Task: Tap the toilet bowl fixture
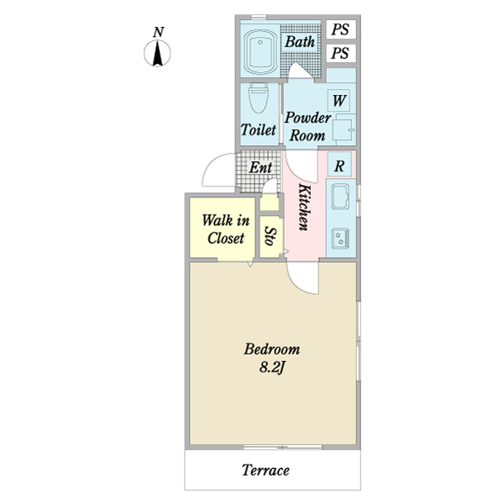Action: (259, 98)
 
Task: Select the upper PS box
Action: (341, 29)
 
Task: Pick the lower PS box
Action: (341, 53)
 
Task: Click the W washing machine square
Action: (339, 100)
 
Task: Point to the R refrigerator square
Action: (339, 165)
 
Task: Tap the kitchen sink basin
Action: (341, 197)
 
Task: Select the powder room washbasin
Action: (344, 129)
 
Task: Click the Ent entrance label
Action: (260, 167)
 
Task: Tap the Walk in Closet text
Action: (226, 229)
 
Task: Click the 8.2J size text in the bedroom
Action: (272, 368)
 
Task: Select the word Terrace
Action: (265, 470)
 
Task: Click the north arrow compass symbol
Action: (157, 54)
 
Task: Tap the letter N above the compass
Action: (159, 32)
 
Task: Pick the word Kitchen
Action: (304, 207)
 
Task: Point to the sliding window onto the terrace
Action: (283, 447)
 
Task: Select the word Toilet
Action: (259, 130)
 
